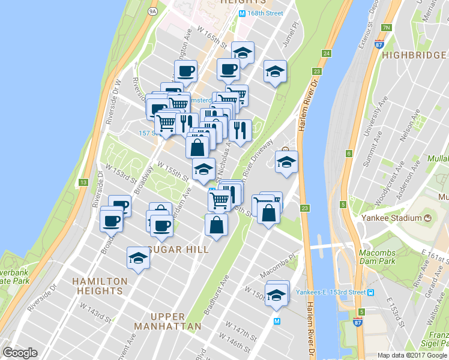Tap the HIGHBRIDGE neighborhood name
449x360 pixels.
point(415,55)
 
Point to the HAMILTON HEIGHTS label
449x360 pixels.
point(100,286)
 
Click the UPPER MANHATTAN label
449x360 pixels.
point(167,321)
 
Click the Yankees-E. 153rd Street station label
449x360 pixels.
point(331,292)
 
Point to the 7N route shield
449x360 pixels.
point(386,28)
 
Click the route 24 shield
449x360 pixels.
point(326,54)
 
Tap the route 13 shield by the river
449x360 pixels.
point(83,182)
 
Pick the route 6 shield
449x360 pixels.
point(348,154)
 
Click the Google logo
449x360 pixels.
point(20,353)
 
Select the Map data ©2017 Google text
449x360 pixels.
point(412,355)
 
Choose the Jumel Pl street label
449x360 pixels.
point(289,36)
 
